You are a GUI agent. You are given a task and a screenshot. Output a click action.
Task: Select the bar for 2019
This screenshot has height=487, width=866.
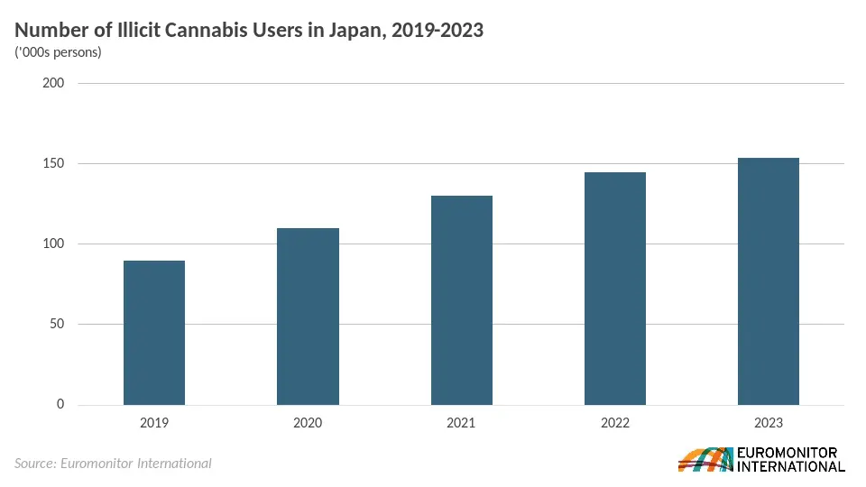coord(154,333)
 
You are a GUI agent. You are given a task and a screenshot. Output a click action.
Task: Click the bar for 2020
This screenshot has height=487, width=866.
coord(308,317)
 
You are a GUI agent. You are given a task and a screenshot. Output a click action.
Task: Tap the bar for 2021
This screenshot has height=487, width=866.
coord(462,300)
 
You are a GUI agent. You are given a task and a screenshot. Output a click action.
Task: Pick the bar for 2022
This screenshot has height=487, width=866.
coord(615,289)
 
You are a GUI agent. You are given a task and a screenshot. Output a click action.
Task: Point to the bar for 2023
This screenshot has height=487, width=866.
coord(769,281)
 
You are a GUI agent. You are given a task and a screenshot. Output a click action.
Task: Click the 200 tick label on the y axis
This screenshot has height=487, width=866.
coord(53,83)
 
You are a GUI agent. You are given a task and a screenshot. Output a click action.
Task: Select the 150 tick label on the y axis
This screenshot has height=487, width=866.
coord(53,163)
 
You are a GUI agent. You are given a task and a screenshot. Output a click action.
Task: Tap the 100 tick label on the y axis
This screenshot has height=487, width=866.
coord(53,243)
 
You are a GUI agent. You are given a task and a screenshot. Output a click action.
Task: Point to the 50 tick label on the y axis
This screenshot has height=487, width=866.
coord(57,324)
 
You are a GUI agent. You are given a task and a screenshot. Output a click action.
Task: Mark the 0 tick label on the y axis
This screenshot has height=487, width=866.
coord(60,404)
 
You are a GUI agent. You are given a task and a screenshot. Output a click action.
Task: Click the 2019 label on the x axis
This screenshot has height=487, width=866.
coord(154,423)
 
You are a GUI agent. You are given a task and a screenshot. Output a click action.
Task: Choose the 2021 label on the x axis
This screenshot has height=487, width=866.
coord(461,423)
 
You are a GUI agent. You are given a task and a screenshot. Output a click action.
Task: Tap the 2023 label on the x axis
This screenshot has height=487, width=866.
coord(769,423)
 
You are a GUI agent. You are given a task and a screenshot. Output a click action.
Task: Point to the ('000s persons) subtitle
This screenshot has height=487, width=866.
coord(58,52)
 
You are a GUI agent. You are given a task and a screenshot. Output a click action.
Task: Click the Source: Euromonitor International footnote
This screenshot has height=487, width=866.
coord(114,464)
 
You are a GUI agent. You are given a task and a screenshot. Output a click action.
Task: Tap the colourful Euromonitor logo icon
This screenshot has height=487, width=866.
coord(705,459)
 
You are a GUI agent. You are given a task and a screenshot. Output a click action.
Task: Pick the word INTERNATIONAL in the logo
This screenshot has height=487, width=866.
coord(791,466)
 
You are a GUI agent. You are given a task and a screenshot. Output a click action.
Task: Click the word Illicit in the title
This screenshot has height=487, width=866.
coord(139,31)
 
